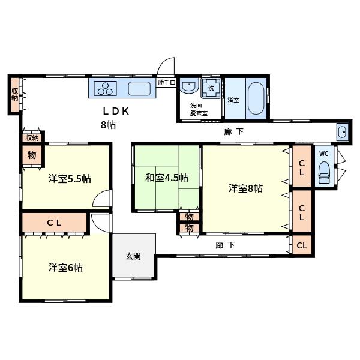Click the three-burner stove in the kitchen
[106, 88]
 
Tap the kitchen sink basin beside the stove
[139, 89]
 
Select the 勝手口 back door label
[167, 82]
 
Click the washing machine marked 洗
[211, 88]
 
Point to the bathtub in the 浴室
[256, 98]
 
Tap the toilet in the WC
[324, 172]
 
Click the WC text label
[324, 154]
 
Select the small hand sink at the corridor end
[343, 132]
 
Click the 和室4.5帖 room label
[167, 178]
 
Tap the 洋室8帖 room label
[245, 188]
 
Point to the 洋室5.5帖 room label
[70, 179]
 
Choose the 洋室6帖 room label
[65, 268]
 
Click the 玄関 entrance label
[133, 256]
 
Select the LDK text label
[116, 112]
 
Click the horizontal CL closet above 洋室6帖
[55, 222]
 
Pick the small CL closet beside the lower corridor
[302, 245]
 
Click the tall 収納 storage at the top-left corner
[15, 95]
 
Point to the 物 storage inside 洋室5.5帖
[32, 155]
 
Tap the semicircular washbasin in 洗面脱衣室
[189, 85]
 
